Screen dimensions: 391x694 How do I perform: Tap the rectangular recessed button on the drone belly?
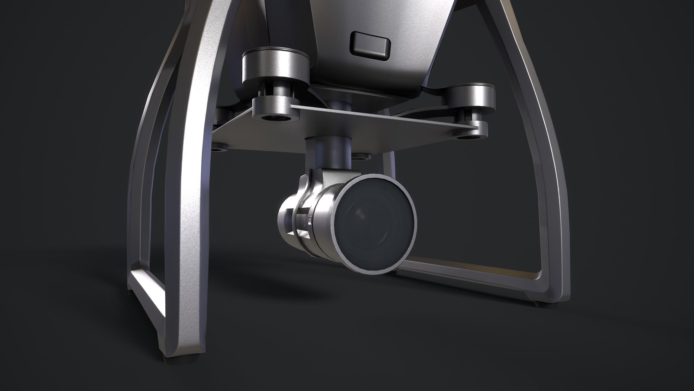click(x=371, y=44)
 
